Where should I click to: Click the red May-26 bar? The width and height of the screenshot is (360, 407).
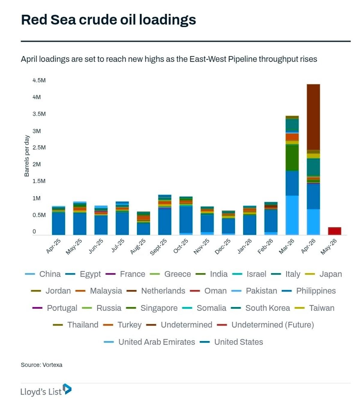pyautogui.click(x=334, y=231)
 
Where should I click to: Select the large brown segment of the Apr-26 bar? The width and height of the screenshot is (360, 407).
pyautogui.click(x=313, y=117)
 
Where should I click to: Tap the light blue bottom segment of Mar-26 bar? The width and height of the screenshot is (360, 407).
pyautogui.click(x=292, y=215)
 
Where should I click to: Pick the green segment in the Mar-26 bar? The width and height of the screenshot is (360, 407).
pyautogui.click(x=292, y=158)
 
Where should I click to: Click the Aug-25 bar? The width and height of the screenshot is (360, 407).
pyautogui.click(x=143, y=223)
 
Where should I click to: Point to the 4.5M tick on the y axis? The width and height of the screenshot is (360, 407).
pyautogui.click(x=39, y=80)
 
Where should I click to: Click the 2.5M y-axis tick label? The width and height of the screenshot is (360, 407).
pyautogui.click(x=39, y=147)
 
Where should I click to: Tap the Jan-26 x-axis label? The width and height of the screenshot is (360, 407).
pyautogui.click(x=245, y=246)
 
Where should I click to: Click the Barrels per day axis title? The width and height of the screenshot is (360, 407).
pyautogui.click(x=27, y=156)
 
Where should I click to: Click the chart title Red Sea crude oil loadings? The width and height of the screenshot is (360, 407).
pyautogui.click(x=108, y=20)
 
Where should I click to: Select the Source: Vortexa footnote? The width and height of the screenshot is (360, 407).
pyautogui.click(x=41, y=365)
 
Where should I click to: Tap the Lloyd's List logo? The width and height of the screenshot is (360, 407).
pyautogui.click(x=46, y=391)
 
